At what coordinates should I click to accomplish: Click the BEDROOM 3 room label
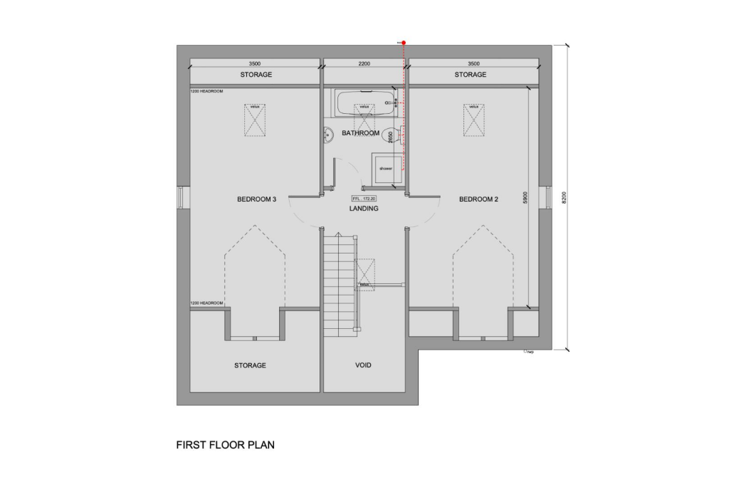[x=256, y=199]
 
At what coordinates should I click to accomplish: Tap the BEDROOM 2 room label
[x=478, y=199]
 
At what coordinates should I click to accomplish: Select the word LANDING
[x=364, y=209]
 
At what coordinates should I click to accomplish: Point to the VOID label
[x=364, y=365]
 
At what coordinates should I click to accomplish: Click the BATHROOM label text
[x=360, y=133]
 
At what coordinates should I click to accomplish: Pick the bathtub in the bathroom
[x=364, y=103]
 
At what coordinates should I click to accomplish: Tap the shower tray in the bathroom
[x=387, y=169]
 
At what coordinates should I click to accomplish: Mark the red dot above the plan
[x=404, y=43]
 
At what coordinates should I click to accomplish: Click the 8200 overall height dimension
[x=565, y=197]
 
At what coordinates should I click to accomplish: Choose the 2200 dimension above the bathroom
[x=364, y=64]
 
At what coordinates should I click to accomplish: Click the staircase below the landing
[x=340, y=285]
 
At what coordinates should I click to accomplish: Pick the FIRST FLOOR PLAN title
[x=225, y=445]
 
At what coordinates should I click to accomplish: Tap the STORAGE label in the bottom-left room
[x=250, y=365]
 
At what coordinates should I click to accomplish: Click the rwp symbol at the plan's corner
[x=528, y=352]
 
